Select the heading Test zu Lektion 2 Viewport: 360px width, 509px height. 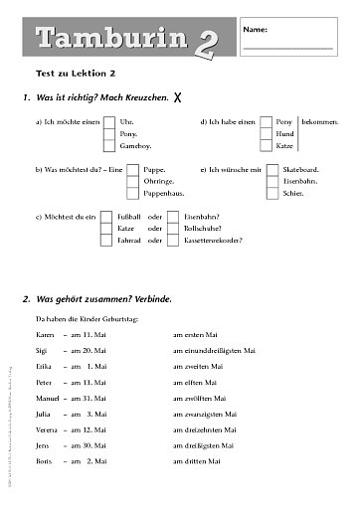coord(77,74)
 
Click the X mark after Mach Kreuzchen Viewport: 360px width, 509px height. coord(177,97)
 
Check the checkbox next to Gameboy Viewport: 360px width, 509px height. coord(110,145)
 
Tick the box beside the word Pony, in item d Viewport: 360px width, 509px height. coord(266,121)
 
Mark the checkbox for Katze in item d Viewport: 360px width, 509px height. coord(266,145)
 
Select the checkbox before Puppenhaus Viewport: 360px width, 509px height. coord(133,193)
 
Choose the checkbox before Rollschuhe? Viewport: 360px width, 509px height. coord(173,228)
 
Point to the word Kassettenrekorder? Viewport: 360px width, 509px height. coord(213,241)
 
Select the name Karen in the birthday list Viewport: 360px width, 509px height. coord(45,336)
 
